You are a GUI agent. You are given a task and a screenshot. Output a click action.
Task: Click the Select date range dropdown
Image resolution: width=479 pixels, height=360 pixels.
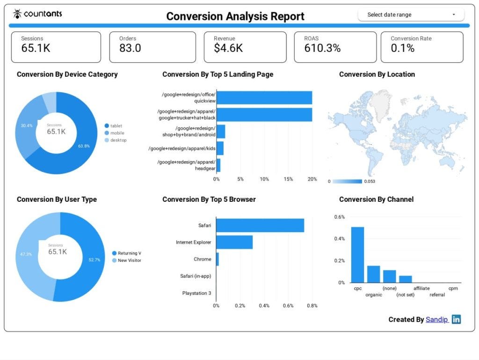point(411,15)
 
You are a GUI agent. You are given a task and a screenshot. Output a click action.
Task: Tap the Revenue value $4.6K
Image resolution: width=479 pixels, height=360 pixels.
point(228,48)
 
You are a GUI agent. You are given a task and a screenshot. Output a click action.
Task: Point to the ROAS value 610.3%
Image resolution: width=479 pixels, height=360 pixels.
point(322,48)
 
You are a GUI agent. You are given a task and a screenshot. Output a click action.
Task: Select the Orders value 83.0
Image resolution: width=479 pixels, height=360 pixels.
point(130,48)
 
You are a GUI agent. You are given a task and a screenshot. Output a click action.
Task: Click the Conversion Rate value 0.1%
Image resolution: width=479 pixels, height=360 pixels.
point(403,48)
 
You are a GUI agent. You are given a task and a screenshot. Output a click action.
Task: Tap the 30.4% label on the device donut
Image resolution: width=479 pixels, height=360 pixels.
point(27,125)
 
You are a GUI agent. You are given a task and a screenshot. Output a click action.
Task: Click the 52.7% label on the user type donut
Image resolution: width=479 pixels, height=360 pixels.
point(94,260)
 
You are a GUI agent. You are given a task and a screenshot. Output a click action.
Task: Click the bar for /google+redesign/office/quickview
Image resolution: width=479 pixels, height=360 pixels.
point(264,98)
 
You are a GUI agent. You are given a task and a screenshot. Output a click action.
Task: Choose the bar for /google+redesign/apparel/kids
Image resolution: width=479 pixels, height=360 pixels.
point(220,148)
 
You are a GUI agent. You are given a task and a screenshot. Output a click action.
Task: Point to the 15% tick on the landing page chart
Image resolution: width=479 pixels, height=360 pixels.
point(288,179)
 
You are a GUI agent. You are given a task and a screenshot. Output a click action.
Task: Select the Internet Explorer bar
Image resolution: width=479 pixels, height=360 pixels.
point(234,242)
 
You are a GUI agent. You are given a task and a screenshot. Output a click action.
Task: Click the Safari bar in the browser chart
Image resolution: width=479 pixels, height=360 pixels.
point(260,225)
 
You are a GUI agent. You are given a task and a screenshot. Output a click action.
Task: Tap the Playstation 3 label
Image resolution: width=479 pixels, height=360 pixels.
point(196,293)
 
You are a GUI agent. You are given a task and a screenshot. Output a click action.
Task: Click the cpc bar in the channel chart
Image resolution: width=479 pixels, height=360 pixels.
point(358,255)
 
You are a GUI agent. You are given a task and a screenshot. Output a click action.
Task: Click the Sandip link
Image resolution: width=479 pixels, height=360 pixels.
point(437,319)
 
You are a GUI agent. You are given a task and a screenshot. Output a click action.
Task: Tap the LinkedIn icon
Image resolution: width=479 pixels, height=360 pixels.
point(456,319)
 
